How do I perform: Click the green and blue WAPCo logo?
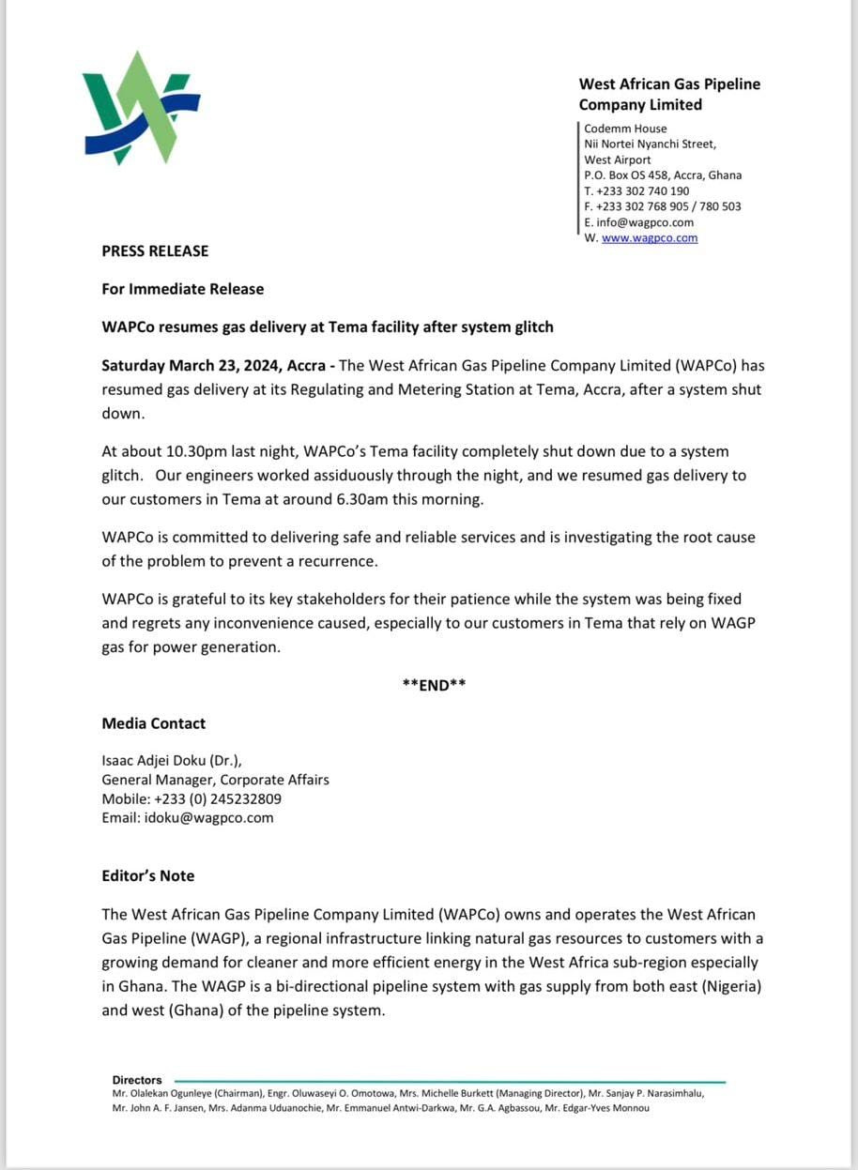(x=141, y=108)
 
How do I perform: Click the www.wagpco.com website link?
(x=650, y=238)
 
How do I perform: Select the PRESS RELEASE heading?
(x=155, y=251)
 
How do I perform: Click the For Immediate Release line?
(x=183, y=289)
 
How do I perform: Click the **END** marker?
(x=434, y=685)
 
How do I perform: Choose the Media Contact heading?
(x=154, y=724)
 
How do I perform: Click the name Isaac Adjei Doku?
(x=155, y=760)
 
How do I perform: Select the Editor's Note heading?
(x=148, y=876)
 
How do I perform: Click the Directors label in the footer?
(x=137, y=1080)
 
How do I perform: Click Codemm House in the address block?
(x=625, y=129)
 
